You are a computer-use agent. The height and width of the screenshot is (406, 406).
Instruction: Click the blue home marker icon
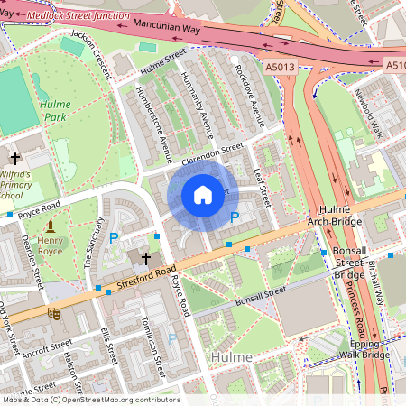point(203,195)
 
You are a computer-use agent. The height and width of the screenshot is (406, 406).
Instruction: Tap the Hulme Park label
point(54,110)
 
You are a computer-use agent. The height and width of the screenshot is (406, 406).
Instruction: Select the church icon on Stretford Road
point(145,258)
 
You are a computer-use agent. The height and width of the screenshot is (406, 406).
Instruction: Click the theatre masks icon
point(53,314)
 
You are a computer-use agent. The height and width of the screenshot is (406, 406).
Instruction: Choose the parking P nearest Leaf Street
point(235,217)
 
